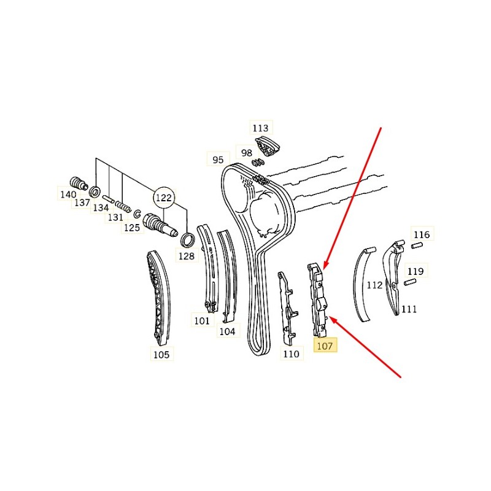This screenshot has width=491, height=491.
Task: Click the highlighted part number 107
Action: pyautogui.click(x=325, y=346)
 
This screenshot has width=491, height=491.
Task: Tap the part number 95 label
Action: pyautogui.click(x=218, y=160)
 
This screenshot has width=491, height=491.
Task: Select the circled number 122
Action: pyautogui.click(x=164, y=198)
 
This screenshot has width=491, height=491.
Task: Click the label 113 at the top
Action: pyautogui.click(x=261, y=128)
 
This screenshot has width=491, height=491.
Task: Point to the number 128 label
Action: pyautogui.click(x=187, y=256)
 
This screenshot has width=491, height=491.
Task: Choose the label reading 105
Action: pyautogui.click(x=161, y=354)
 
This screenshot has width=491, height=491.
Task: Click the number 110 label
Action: pyautogui.click(x=292, y=354)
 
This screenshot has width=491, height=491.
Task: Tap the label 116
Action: pyautogui.click(x=422, y=234)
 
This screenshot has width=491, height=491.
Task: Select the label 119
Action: pyautogui.click(x=416, y=271)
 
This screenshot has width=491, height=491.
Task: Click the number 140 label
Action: pyautogui.click(x=68, y=194)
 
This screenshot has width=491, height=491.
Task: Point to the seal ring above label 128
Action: pyautogui.click(x=188, y=240)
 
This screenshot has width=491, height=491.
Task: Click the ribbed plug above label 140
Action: pyautogui.click(x=78, y=183)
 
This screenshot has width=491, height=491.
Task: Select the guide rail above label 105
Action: pyautogui.click(x=159, y=297)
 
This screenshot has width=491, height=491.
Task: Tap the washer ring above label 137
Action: pyautogui.click(x=95, y=191)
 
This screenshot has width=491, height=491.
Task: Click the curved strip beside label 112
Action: pyautogui.click(x=363, y=284)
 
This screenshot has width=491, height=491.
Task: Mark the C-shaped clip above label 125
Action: pyautogui.click(x=137, y=214)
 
